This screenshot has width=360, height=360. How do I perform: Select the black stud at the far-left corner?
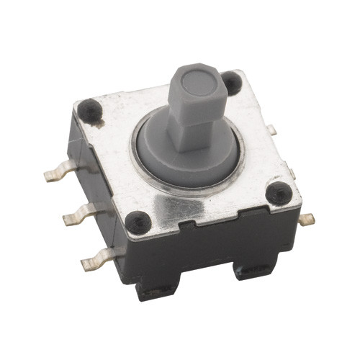[x=90, y=109]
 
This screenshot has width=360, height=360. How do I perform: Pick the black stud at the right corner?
[x=278, y=193]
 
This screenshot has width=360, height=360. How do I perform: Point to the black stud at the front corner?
[x=138, y=222]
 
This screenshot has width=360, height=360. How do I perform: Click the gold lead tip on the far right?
[x=307, y=219]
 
